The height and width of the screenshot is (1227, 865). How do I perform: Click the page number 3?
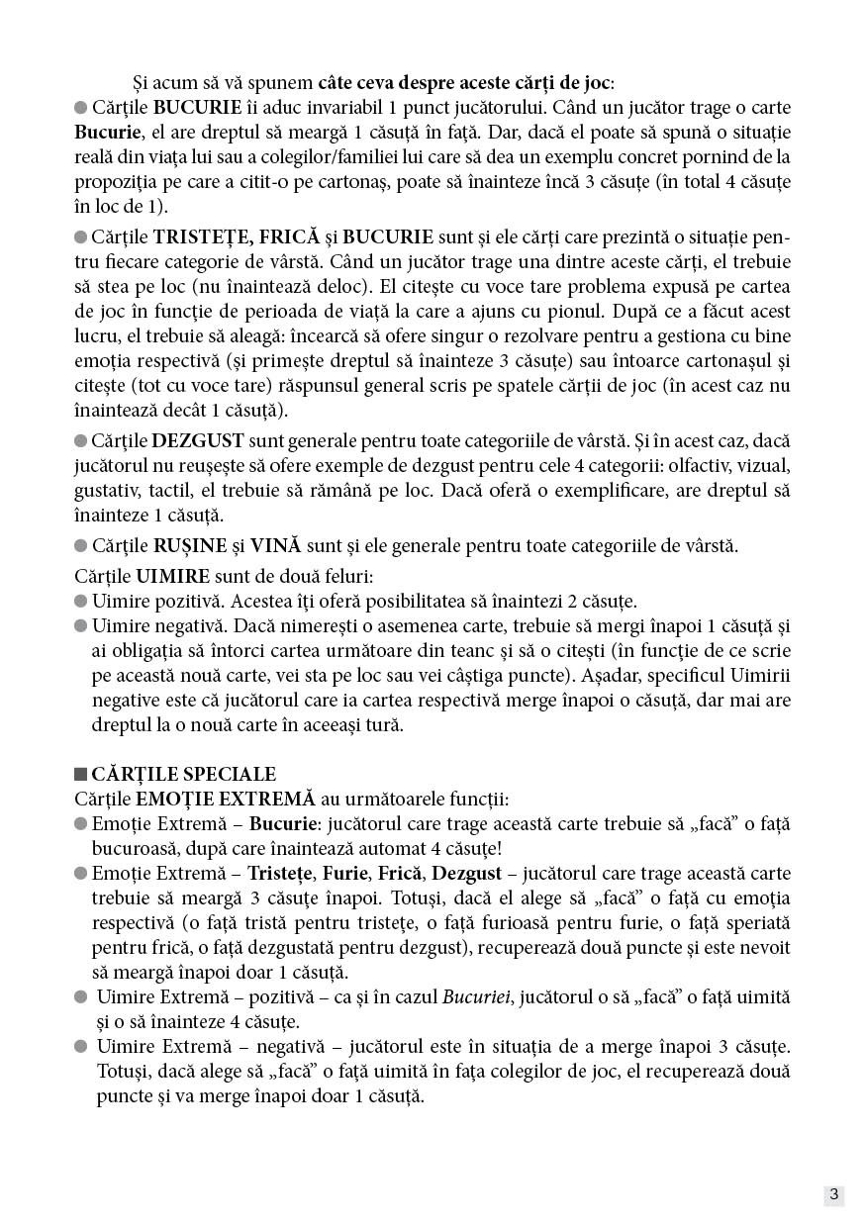click(x=833, y=1194)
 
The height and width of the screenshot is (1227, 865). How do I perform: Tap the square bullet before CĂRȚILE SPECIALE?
click(x=80, y=775)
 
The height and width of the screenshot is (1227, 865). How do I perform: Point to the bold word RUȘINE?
click(x=188, y=545)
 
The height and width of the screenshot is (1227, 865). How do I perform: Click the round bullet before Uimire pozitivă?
click(x=80, y=602)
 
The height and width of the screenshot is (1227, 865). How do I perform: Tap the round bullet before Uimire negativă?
click(x=80, y=626)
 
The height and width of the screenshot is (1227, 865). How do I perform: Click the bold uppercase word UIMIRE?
click(x=172, y=576)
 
